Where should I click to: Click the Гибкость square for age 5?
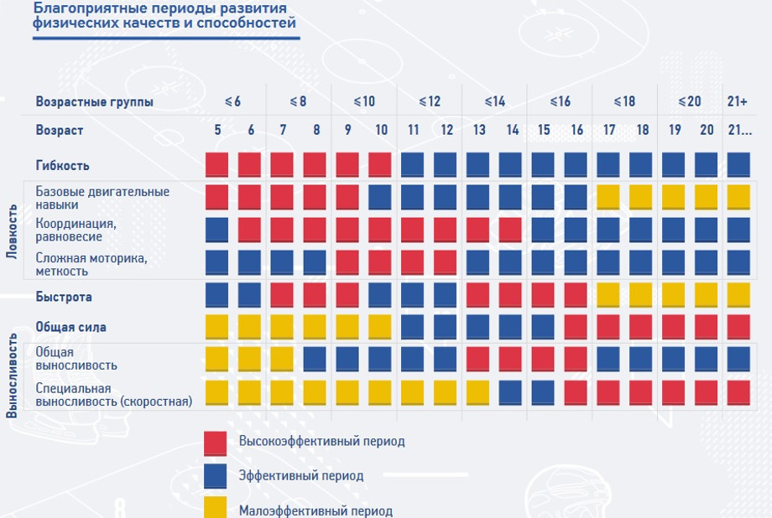217,164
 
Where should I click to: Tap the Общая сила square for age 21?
738,326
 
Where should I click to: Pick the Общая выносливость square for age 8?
316,359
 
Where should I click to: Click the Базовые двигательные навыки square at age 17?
608,198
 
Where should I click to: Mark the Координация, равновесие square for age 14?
511,230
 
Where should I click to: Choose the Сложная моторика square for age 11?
413,262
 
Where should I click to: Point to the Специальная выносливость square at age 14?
511,392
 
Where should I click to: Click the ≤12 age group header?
429,101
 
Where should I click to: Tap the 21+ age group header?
738,101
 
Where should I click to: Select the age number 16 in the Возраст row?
576,131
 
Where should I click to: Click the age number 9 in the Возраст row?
347,131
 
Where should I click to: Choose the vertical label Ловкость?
11,231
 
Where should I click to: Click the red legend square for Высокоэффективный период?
216,443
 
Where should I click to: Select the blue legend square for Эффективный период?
216,476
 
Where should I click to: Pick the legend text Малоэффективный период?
315,510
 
